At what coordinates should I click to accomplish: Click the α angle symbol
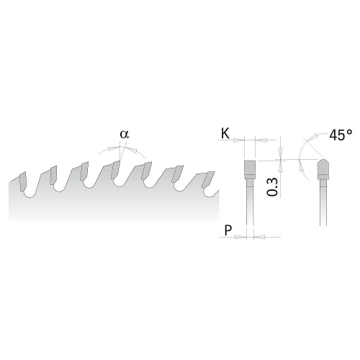pos(125,135)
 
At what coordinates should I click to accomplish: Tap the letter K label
pos(225,133)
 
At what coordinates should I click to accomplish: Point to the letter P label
pos(228,230)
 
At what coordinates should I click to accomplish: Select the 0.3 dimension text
pos(272,187)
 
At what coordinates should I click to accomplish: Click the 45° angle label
pos(341,135)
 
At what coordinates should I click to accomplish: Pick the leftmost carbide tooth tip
pos(23,181)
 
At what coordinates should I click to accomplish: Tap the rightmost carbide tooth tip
pos(208,179)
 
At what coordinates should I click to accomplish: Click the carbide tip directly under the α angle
pos(115,170)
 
